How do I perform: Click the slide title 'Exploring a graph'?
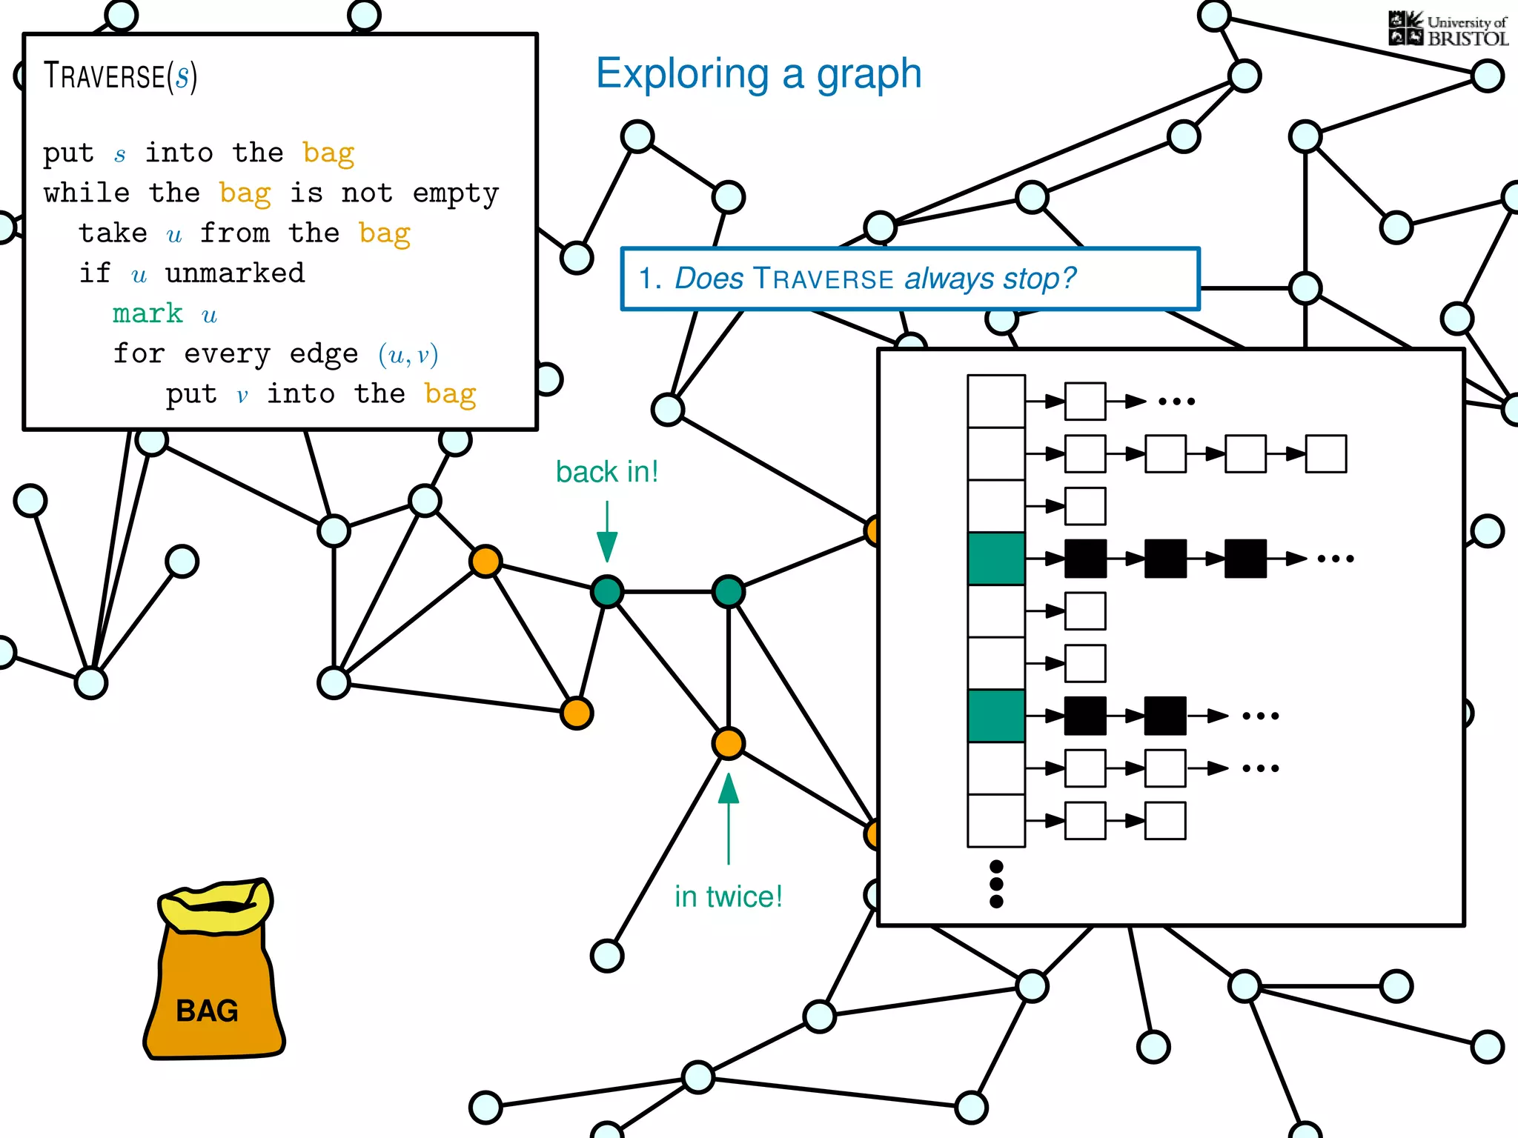(x=758, y=74)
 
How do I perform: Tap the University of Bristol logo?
(x=1448, y=30)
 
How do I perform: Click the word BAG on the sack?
(x=207, y=1011)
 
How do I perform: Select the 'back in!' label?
(x=607, y=472)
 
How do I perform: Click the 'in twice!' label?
(x=728, y=896)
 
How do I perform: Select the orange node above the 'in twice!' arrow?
(x=729, y=743)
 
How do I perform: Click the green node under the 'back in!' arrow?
(x=607, y=591)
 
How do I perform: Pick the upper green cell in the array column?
(x=996, y=559)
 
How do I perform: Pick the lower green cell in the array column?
(x=996, y=716)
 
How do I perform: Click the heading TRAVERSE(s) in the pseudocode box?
(x=120, y=76)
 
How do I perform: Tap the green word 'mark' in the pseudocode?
(x=148, y=313)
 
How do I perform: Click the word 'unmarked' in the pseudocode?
(x=234, y=273)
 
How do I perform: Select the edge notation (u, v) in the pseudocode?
(x=408, y=355)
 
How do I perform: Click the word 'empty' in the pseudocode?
(x=455, y=193)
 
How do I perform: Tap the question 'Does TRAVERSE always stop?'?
(x=875, y=279)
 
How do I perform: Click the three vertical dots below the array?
(x=996, y=884)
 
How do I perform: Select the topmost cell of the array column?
(x=996, y=401)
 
